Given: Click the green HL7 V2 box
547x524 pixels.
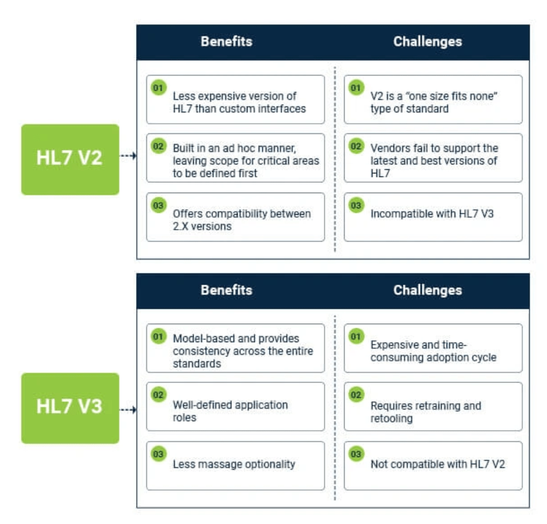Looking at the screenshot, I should pyautogui.click(x=70, y=159).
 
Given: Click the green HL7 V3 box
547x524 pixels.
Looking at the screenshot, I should pyautogui.click(x=70, y=408).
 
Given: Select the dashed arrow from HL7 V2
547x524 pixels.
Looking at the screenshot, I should pyautogui.click(x=128, y=156).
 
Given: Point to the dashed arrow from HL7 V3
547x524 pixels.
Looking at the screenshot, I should pyautogui.click(x=128, y=410).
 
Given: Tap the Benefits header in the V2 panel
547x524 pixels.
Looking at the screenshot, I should pyautogui.click(x=226, y=42).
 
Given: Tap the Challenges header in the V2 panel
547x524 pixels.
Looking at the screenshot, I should pyautogui.click(x=427, y=42).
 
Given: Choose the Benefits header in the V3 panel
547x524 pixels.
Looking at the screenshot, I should pyautogui.click(x=226, y=291).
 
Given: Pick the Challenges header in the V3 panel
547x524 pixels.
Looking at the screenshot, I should pyautogui.click(x=427, y=291).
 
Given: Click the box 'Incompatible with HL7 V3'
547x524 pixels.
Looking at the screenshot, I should pyautogui.click(x=433, y=217).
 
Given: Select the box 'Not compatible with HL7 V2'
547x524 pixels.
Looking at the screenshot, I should pyautogui.click(x=433, y=465).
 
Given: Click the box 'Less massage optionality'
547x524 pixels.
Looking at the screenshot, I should pyautogui.click(x=235, y=465).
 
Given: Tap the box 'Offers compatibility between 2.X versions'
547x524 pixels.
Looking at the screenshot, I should pyautogui.click(x=235, y=217).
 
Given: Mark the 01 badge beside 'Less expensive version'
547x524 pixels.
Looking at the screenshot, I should pyautogui.click(x=158, y=89).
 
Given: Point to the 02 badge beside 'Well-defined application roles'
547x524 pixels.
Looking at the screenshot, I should pyautogui.click(x=158, y=395).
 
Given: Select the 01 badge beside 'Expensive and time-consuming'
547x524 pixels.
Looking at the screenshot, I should pyautogui.click(x=356, y=337).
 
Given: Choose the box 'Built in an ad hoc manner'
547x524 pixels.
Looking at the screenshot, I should pyautogui.click(x=235, y=158).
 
